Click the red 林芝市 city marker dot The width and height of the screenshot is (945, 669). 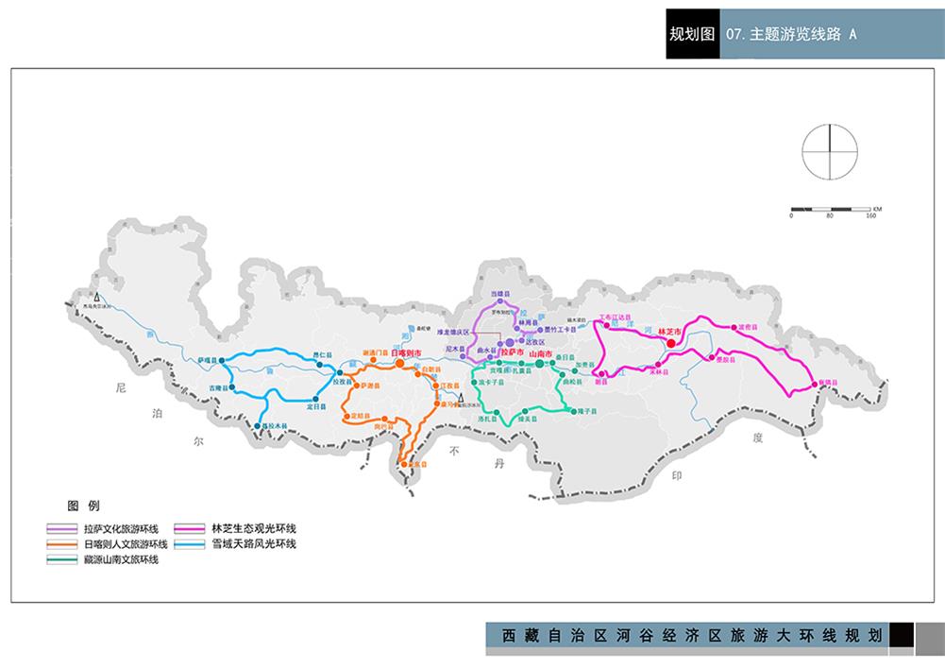[x=670, y=343]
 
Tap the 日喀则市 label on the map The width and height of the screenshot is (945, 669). [x=406, y=352]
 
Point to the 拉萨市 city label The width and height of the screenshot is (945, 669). [x=512, y=352]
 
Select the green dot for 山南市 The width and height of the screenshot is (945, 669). [x=539, y=364]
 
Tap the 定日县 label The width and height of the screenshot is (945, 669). [x=316, y=406]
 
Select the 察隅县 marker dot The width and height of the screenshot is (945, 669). [x=813, y=384]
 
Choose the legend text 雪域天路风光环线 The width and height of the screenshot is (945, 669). [x=254, y=544]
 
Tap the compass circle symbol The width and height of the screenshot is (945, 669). [x=831, y=150]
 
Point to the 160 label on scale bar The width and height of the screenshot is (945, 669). [x=870, y=215]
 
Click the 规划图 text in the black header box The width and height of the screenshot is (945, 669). [x=691, y=35]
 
